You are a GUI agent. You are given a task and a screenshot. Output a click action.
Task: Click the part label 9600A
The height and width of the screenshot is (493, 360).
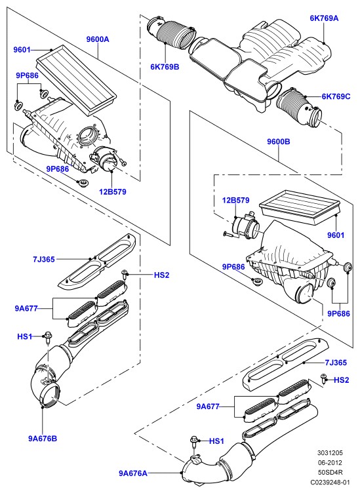tap(98, 39)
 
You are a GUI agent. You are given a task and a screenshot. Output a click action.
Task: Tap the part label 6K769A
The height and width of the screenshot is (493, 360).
tap(324, 18)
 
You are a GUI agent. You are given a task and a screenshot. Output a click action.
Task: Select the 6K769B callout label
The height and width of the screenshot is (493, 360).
tap(165, 67)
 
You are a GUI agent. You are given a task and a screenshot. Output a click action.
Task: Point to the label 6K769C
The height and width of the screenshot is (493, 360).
tap(336, 96)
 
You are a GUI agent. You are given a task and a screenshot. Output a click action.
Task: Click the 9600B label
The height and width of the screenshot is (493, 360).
tap(279, 142)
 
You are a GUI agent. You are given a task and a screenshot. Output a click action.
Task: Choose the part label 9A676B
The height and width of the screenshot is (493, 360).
tap(43, 439)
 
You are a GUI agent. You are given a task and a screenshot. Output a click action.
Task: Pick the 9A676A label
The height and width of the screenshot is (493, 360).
tap(133, 473)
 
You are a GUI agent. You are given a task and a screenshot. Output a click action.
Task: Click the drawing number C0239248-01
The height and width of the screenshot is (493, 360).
tap(330, 482)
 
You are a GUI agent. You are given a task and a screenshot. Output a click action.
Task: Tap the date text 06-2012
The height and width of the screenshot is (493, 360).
tap(330, 463)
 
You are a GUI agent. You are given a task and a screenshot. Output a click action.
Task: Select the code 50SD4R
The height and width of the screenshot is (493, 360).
tap(330, 472)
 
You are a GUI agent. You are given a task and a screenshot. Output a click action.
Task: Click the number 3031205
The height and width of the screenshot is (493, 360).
tap(330, 453)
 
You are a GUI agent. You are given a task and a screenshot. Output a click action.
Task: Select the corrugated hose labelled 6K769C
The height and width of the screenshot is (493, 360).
tap(298, 108)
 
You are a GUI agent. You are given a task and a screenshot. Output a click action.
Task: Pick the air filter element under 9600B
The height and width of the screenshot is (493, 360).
tap(300, 207)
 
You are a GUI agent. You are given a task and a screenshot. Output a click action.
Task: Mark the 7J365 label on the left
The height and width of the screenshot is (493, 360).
tap(44, 260)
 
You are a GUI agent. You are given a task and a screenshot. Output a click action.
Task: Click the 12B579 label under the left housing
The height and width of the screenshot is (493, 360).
tap(113, 191)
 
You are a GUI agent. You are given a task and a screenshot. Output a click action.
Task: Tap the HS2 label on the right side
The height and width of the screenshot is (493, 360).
tap(342, 380)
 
